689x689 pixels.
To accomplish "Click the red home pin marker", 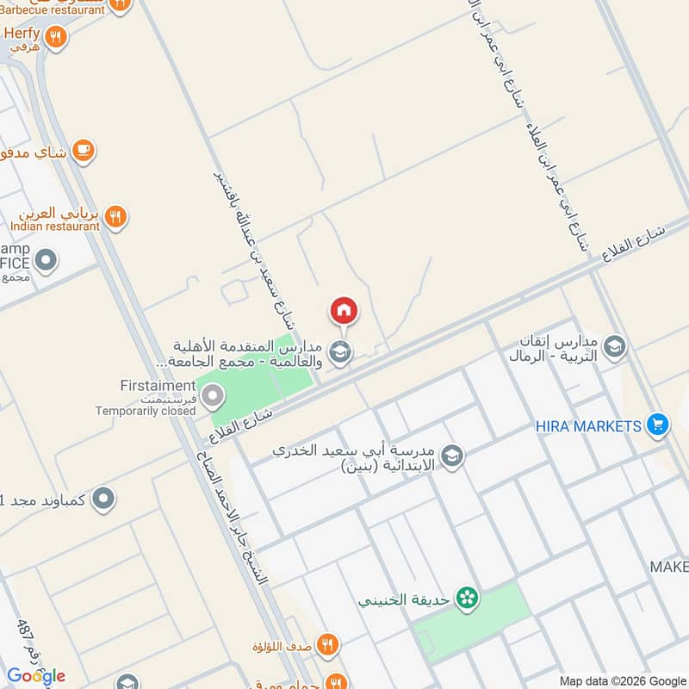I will pos(344,311).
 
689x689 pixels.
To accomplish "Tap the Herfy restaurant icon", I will pos(56,37).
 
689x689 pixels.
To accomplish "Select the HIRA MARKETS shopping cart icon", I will pos(657,425).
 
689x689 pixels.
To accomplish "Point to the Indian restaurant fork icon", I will pos(116,216).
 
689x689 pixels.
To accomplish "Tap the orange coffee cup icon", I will pos(84,151).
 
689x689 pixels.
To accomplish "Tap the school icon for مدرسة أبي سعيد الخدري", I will pos(452,456).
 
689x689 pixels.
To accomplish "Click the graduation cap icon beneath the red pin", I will pos(341,351).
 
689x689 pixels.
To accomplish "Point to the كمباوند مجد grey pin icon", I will pos(103,498).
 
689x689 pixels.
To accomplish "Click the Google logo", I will pos(35,675).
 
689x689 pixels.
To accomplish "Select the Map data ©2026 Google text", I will pos(621,680).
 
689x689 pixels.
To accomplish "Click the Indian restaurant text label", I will pos(56,227).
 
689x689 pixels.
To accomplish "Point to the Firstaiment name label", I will pos(159,385).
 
